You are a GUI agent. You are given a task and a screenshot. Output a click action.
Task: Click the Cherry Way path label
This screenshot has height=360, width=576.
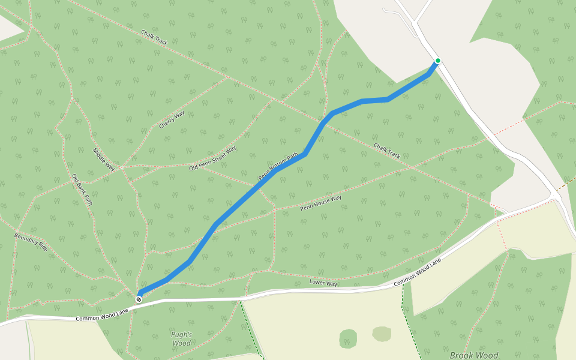pyautogui.click(x=172, y=120)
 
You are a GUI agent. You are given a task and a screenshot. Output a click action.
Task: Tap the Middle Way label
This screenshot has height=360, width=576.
pyautogui.click(x=103, y=160)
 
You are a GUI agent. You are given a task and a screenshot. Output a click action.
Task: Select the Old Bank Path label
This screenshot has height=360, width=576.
pyautogui.click(x=82, y=190)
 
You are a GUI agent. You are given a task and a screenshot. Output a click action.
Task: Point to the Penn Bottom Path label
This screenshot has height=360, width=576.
pyautogui.click(x=278, y=167)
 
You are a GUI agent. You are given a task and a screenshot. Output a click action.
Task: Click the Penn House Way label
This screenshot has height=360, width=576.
pyautogui.click(x=320, y=202)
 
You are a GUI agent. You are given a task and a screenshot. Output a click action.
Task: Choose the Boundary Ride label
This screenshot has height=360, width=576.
pyautogui.click(x=31, y=241)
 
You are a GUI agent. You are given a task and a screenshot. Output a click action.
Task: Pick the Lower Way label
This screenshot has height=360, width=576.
pyautogui.click(x=323, y=282)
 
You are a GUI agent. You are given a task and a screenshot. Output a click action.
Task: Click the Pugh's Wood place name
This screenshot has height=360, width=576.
pyautogui.click(x=181, y=339)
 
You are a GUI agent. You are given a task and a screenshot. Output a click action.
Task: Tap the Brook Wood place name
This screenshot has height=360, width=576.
pyautogui.click(x=474, y=355)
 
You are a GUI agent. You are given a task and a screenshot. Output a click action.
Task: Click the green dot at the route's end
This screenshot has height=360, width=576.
pyautogui.click(x=438, y=61)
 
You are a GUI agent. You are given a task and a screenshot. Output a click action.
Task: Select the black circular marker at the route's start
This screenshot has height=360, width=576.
pyautogui.click(x=139, y=299)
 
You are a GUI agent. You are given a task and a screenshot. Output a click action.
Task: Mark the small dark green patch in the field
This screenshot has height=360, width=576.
pyautogui.click(x=348, y=338)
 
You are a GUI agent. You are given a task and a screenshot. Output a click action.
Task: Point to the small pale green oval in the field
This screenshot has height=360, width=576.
pyautogui.click(x=382, y=334)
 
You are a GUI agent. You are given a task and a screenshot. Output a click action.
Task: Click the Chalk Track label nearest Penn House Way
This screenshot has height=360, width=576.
pyautogui.click(x=387, y=151)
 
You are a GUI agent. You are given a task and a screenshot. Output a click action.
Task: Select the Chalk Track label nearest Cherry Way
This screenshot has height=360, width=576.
pyautogui.click(x=154, y=37)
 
